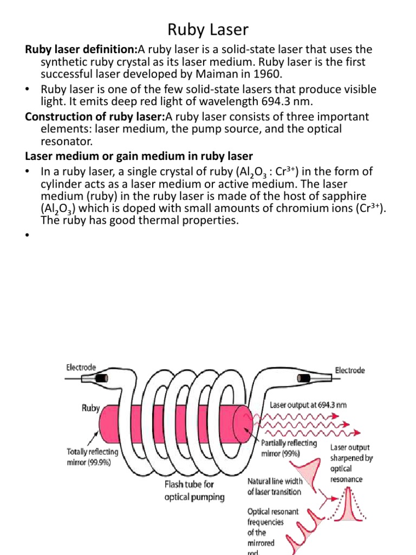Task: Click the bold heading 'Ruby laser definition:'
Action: pos(81,50)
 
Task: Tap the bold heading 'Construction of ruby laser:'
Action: pos(95,117)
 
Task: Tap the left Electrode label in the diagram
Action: pos(81,367)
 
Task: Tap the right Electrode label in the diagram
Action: pos(350,370)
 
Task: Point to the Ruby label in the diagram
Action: pos(91,408)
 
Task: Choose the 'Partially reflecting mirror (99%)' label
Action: pos(288,448)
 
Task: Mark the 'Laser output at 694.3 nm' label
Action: pos(307,404)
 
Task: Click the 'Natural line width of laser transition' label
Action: pos(274,486)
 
